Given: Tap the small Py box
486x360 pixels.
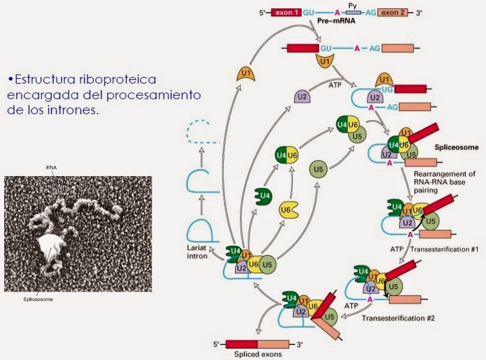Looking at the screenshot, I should (354, 11).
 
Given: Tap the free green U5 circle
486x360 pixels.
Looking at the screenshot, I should (319, 169).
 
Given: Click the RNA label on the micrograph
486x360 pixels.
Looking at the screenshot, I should (51, 167).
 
